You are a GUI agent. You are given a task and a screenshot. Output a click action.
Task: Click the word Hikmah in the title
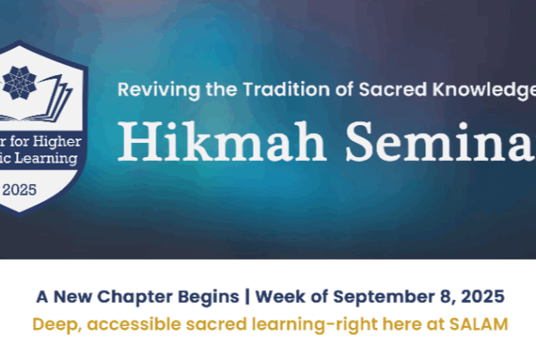click(222, 142)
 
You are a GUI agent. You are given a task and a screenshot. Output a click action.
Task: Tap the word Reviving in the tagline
click(159, 90)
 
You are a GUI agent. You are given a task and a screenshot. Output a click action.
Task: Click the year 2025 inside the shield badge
click(19, 189)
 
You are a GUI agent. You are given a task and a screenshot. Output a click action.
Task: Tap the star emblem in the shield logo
click(20, 83)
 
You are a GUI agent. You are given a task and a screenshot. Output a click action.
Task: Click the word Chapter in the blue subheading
click(135, 297)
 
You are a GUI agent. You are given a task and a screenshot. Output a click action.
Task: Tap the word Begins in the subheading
click(208, 297)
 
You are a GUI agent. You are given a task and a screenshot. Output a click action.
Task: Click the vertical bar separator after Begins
click(247, 297)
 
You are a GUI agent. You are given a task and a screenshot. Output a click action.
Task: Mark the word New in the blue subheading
click(73, 297)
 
